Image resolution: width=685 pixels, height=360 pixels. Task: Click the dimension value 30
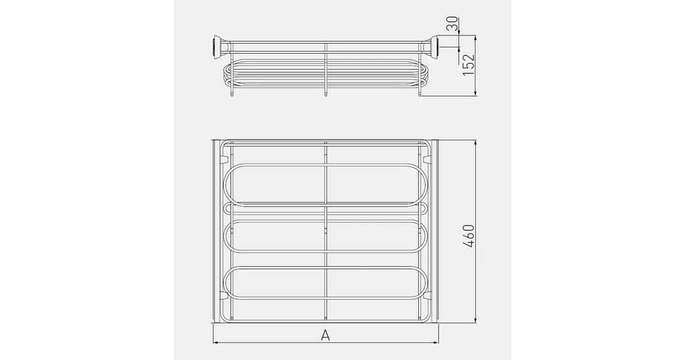tap(452, 24)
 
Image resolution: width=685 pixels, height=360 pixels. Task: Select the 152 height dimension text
tap(468, 65)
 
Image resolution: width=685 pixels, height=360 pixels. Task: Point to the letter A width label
tap(325, 335)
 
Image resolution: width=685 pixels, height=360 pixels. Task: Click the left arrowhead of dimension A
tap(216, 342)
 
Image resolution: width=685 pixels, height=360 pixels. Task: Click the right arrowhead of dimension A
tap(436, 342)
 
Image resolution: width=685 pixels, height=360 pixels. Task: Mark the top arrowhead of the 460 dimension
tap(476, 143)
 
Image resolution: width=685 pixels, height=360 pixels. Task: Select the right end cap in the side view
tap(435, 47)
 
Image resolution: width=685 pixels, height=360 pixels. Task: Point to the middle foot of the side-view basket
tap(325, 93)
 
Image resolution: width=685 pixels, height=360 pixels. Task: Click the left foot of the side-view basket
tap(231, 93)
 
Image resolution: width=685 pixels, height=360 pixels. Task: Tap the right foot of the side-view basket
tap(420, 93)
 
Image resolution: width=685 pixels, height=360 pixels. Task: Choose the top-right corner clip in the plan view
tap(428, 159)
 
